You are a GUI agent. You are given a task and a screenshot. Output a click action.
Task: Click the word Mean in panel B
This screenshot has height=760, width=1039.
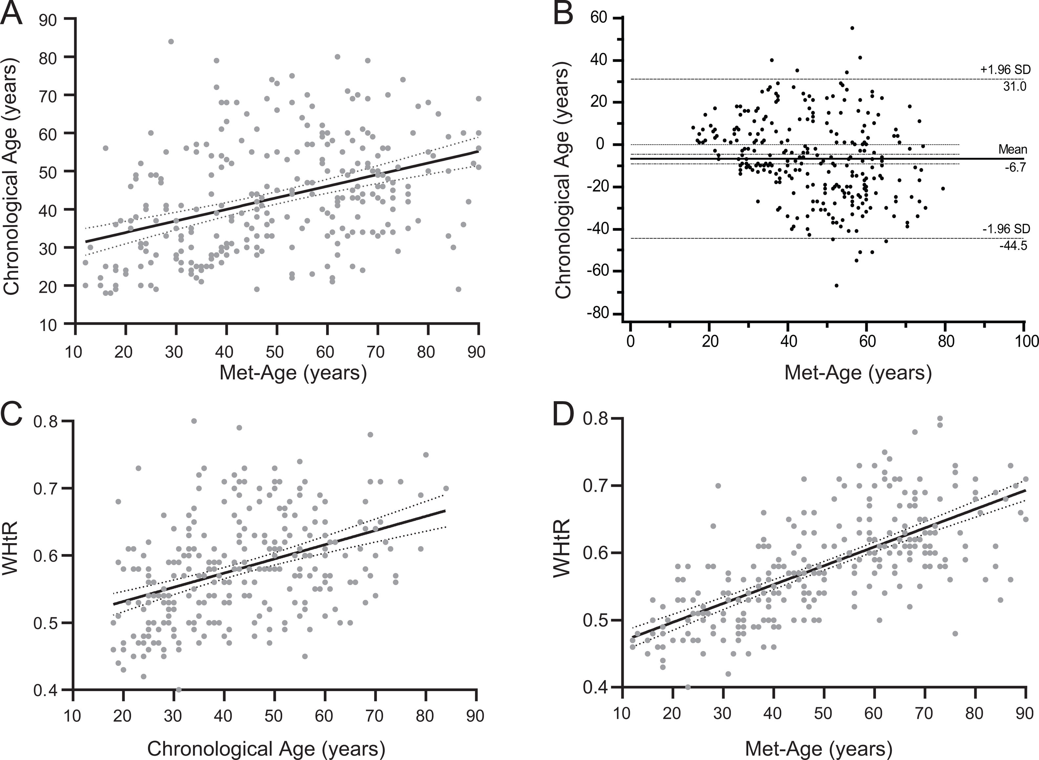click(1012, 150)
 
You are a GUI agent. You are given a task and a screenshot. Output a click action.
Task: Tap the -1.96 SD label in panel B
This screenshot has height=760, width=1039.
click(1006, 229)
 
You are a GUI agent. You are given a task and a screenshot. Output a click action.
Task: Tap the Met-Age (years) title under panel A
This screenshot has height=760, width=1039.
click(293, 373)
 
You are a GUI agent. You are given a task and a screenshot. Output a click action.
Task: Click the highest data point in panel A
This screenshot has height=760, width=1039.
click(171, 41)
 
